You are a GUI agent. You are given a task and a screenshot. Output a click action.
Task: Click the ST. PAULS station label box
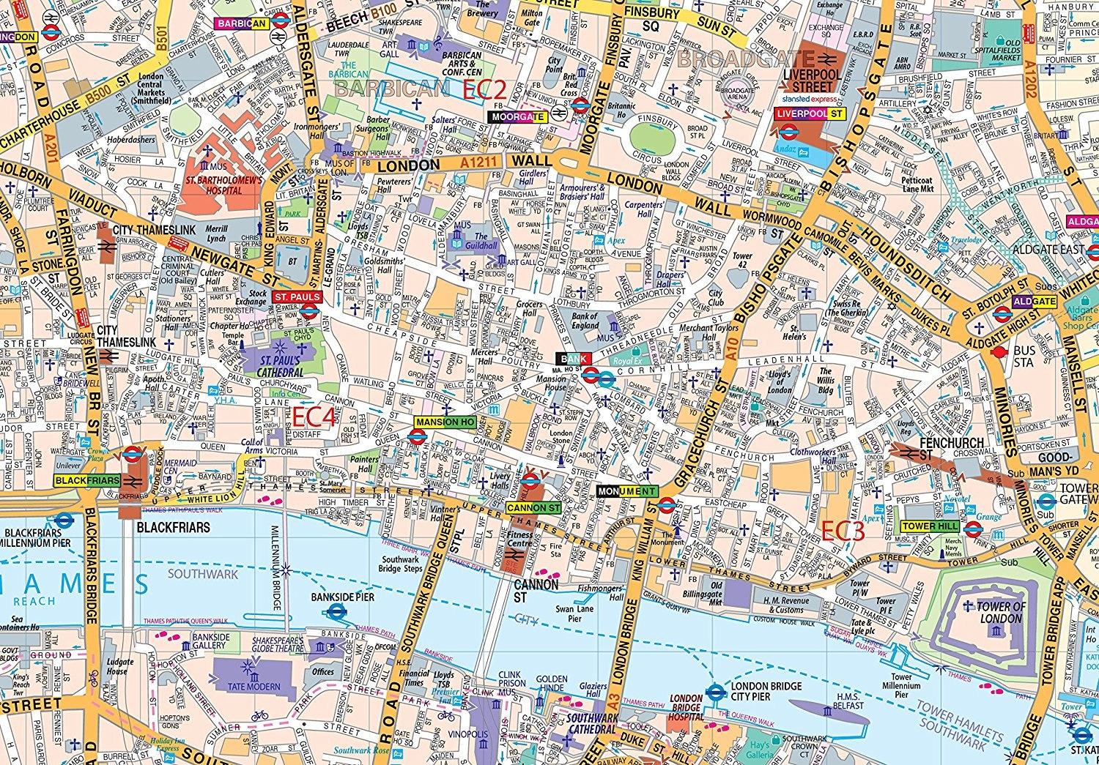click(x=297, y=296)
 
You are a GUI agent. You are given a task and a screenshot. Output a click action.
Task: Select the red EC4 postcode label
click(x=314, y=417)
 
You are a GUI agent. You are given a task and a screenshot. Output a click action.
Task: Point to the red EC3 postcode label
click(x=843, y=531)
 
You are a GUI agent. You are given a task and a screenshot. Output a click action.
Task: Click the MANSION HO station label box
click(x=445, y=422)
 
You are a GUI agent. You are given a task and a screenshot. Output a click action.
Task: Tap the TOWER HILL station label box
click(x=929, y=526)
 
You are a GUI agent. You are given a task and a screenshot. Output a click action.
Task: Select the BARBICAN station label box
click(x=241, y=23)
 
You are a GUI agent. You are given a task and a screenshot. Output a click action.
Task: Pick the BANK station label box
click(x=573, y=359)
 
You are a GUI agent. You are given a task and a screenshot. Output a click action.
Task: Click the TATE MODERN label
click(x=254, y=687)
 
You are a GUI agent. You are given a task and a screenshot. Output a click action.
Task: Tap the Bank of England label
click(x=585, y=321)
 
